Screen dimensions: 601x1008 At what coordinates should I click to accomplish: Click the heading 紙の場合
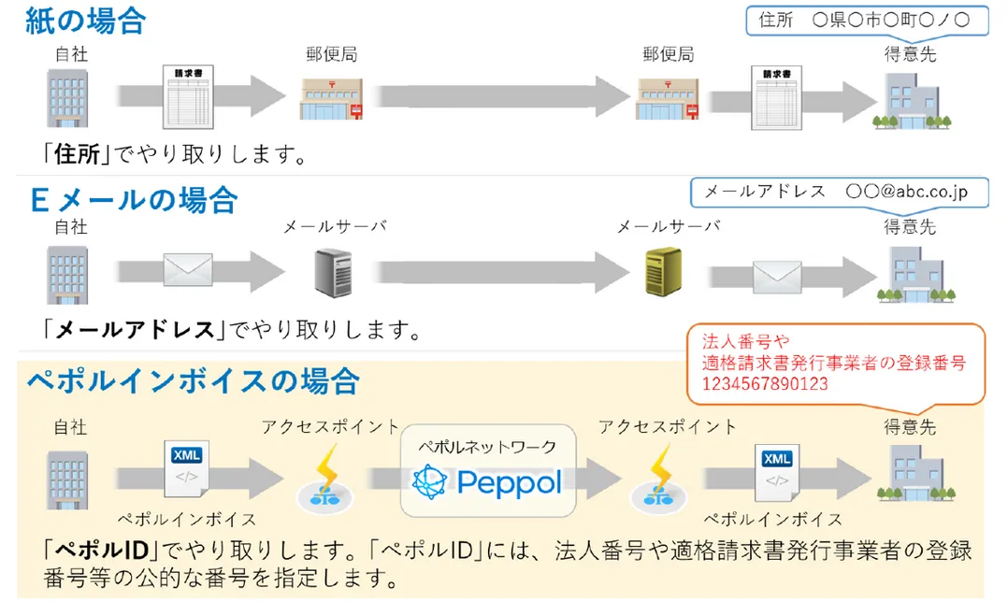pos(85,21)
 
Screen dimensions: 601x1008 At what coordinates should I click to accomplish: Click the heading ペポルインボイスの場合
pos(192,380)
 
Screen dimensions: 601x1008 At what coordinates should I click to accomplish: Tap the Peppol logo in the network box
pos(487,481)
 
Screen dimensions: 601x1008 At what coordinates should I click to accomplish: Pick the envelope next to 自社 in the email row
pos(188,270)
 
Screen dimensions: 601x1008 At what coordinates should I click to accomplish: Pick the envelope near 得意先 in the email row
pos(778,272)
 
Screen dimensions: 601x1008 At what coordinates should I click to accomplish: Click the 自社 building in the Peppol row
pos(67,476)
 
